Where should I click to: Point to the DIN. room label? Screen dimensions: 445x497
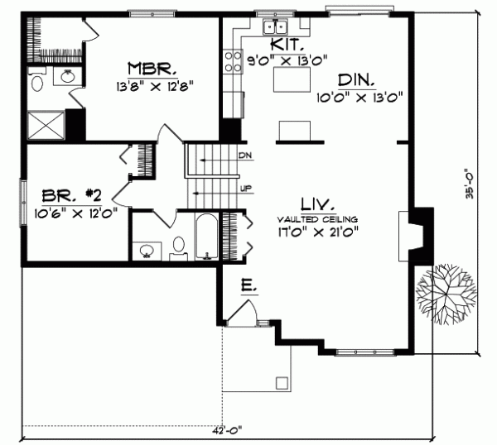[x=357, y=80]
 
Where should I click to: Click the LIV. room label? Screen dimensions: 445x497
[x=318, y=203]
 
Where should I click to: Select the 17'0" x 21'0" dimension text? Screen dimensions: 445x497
[x=319, y=232]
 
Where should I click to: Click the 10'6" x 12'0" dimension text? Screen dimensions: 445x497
[x=70, y=212]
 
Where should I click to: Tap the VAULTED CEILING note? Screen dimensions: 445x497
[x=318, y=218]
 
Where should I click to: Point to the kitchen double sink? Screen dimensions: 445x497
[x=273, y=28]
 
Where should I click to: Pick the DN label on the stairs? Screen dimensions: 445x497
[x=244, y=156]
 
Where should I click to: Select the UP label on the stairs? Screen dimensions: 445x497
[x=245, y=189]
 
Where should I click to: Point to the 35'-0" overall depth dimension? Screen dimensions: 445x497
[x=469, y=186]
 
